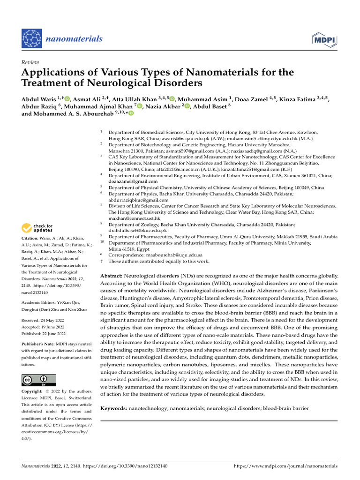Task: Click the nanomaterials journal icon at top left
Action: click(x=32, y=38)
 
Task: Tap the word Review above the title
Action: click(x=30, y=62)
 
